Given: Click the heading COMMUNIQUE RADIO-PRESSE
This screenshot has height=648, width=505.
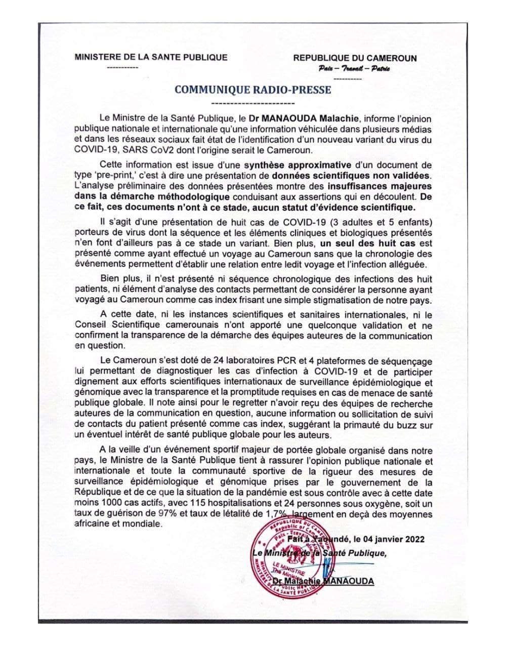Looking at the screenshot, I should click(x=252, y=90).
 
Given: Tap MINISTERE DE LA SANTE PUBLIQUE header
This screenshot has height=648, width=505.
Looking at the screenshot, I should click(x=151, y=57).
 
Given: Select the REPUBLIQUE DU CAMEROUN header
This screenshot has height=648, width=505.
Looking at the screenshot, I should click(x=355, y=58).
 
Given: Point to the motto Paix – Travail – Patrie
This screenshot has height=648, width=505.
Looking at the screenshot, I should click(x=354, y=68).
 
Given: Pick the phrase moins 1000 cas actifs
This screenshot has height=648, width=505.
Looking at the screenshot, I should click(x=121, y=504).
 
